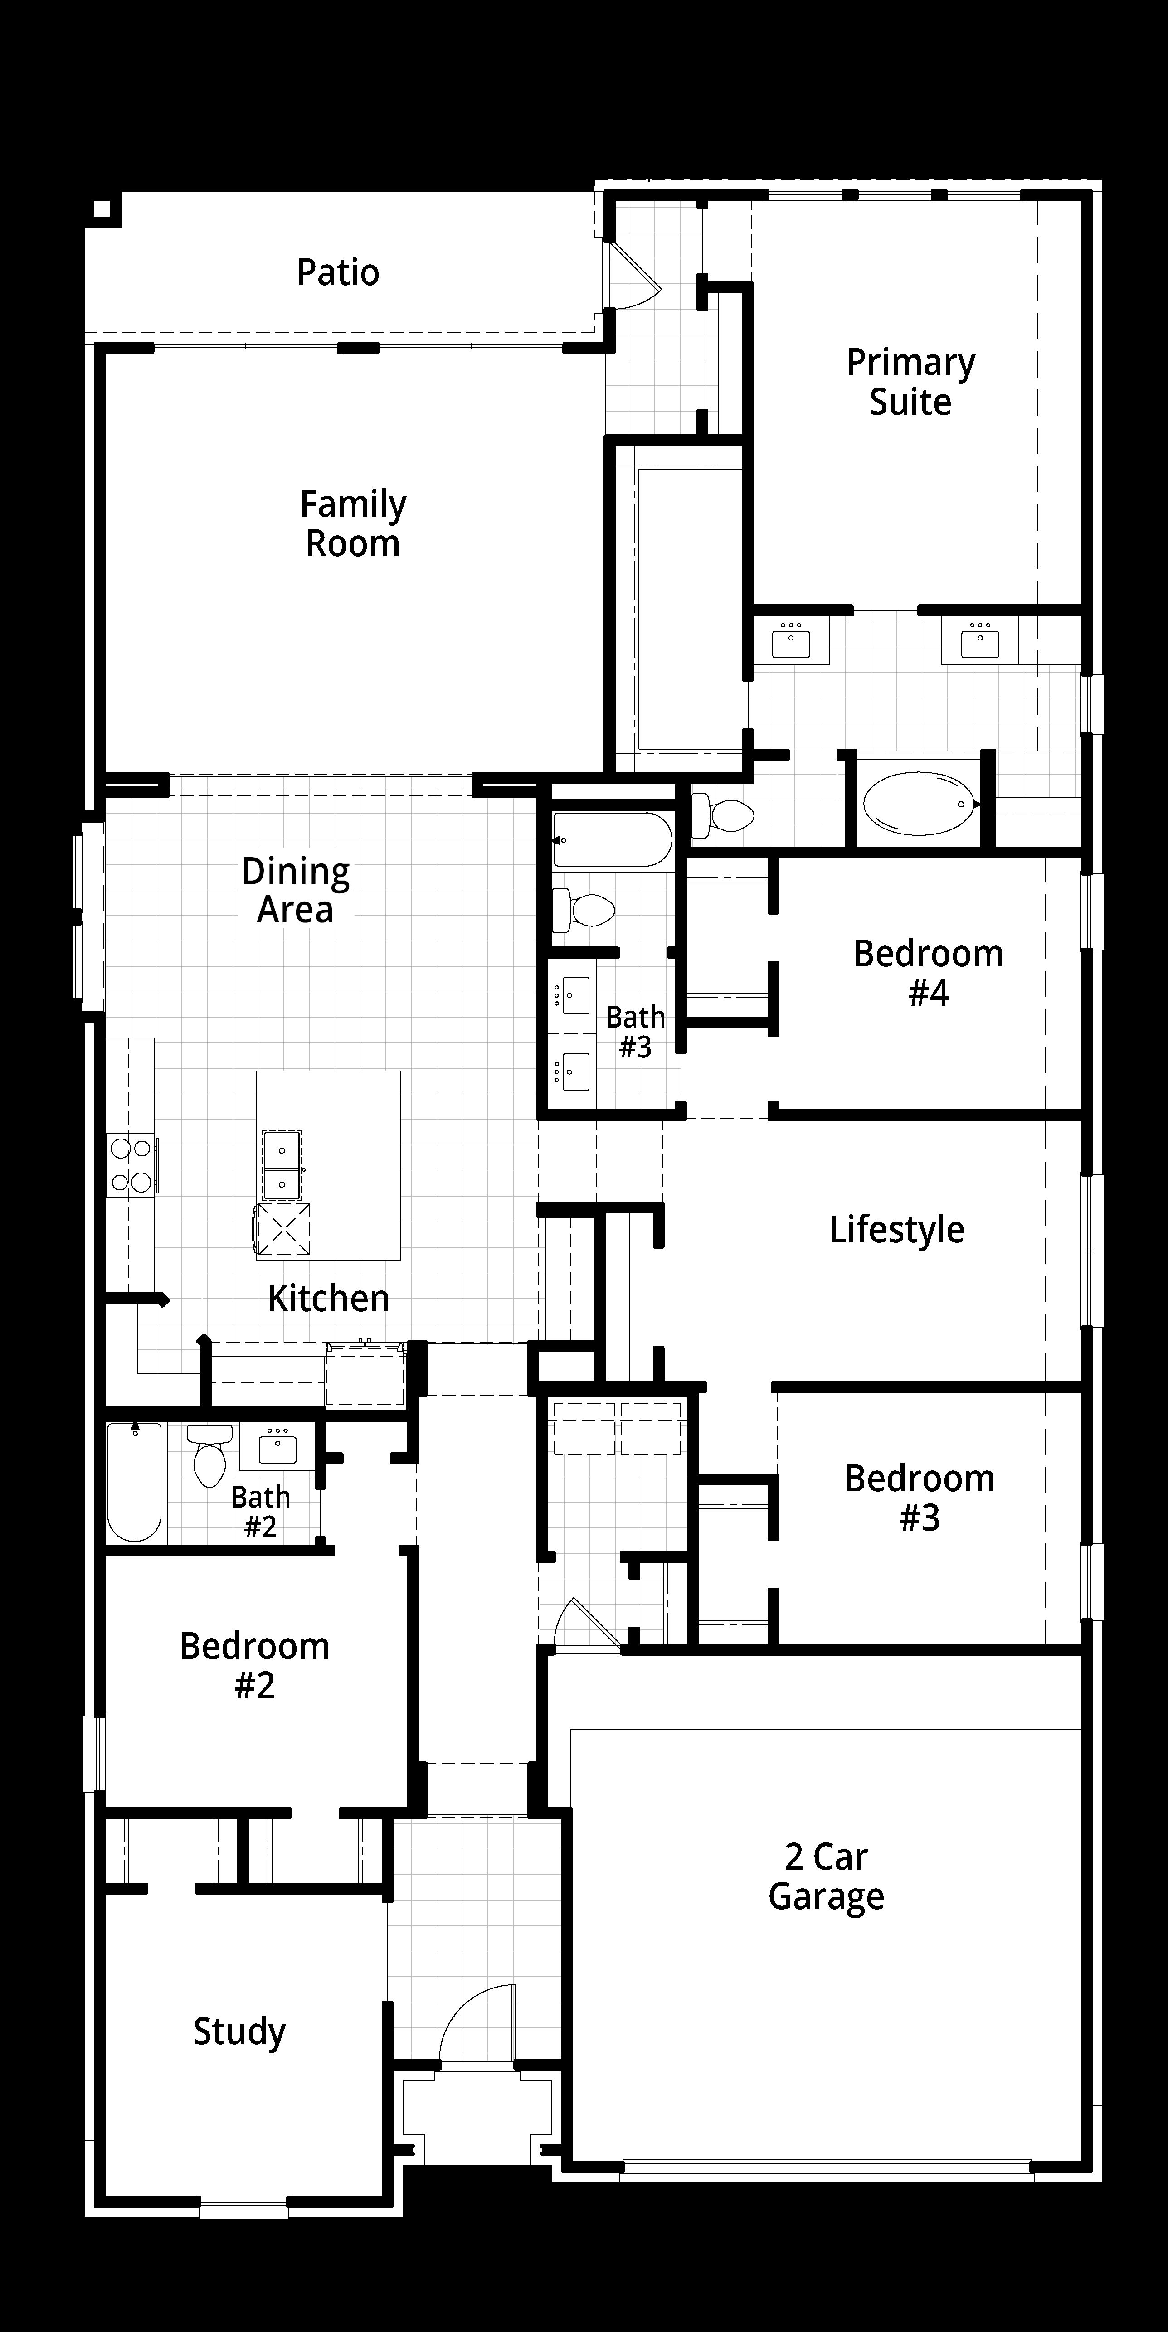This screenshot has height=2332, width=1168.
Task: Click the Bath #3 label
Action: (636, 1032)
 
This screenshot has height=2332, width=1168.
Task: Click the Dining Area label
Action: (296, 891)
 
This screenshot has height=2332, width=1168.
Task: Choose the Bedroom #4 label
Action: (928, 973)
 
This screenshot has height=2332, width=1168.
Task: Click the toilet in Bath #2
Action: (210, 1455)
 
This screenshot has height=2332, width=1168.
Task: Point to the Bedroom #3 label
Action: (920, 1498)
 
